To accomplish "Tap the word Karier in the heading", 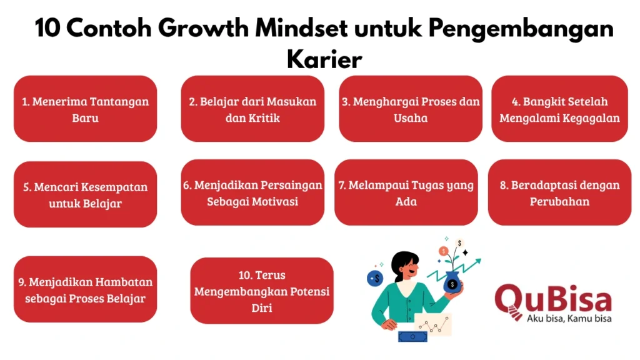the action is pyautogui.click(x=324, y=59).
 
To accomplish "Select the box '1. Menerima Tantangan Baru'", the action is pyautogui.click(x=85, y=109).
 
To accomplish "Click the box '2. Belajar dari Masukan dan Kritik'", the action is pyautogui.click(x=252, y=109).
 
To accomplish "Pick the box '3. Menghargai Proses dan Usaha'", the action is pyautogui.click(x=411, y=109).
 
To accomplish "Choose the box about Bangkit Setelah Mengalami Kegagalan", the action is pyautogui.click(x=559, y=109).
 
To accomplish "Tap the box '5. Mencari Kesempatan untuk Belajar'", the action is pyautogui.click(x=85, y=194).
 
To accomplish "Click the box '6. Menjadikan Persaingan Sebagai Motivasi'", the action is pyautogui.click(x=252, y=192).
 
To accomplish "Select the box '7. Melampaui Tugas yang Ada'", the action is pyautogui.click(x=406, y=192).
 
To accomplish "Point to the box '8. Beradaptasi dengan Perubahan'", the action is pyautogui.click(x=559, y=192).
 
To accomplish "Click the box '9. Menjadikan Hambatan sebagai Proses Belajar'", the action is pyautogui.click(x=85, y=289).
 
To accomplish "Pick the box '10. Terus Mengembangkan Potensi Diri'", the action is pyautogui.click(x=262, y=291).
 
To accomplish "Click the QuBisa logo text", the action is pyautogui.click(x=554, y=299).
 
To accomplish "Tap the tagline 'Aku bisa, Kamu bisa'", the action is pyautogui.click(x=569, y=318).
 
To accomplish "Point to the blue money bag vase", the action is pyautogui.click(x=452, y=282).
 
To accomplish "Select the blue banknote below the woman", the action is pyautogui.click(x=412, y=336).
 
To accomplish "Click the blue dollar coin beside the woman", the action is pyautogui.click(x=375, y=278).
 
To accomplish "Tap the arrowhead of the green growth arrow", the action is pyautogui.click(x=477, y=262).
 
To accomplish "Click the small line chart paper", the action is pyautogui.click(x=434, y=324).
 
